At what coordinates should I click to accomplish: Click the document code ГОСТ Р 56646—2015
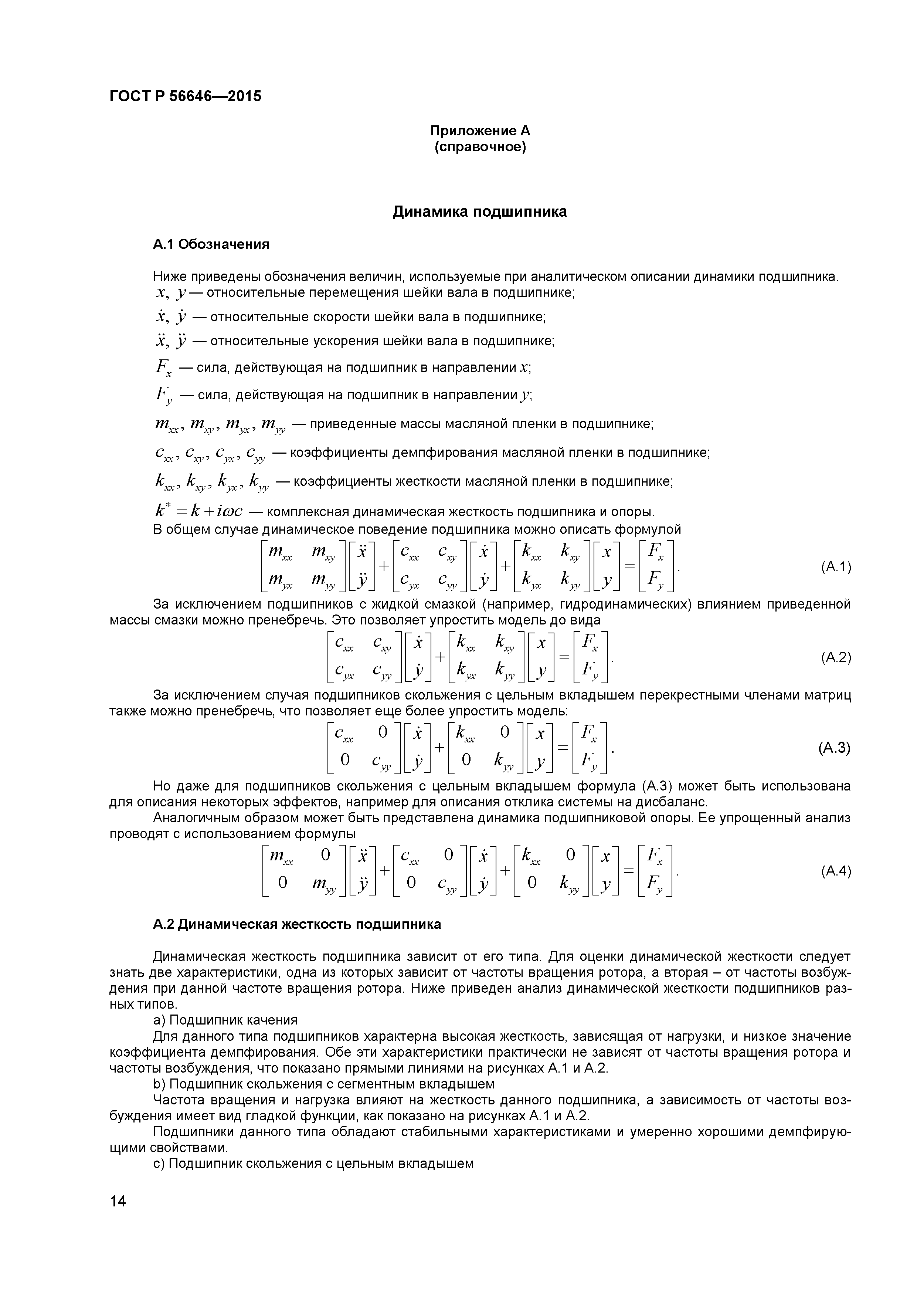tap(185, 96)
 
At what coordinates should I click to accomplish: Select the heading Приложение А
tap(480, 131)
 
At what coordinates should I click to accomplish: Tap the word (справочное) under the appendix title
tap(480, 148)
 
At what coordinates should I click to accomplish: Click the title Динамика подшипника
tap(479, 212)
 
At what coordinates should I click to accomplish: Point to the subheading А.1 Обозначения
tap(211, 244)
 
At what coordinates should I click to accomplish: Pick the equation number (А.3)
tap(834, 748)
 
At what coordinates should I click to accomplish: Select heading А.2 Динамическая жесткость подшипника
tap(297, 924)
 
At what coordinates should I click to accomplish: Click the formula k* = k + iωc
tap(199, 511)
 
